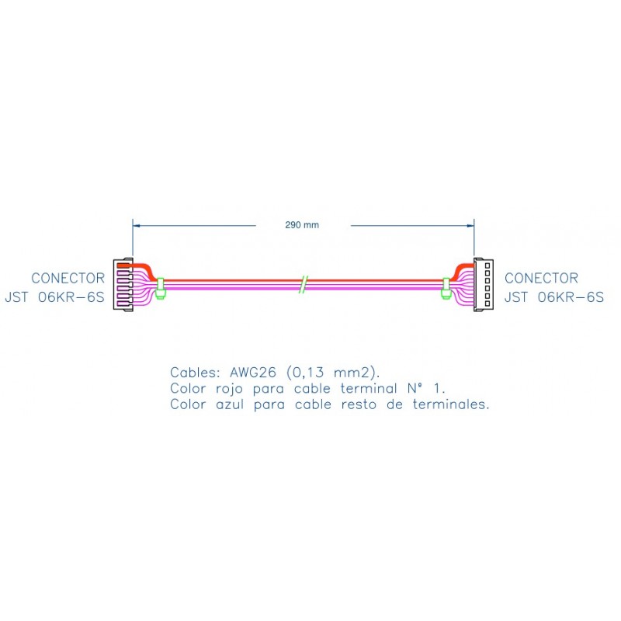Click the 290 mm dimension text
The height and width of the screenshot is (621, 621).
[302, 225]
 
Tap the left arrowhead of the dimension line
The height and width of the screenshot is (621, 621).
[137, 226]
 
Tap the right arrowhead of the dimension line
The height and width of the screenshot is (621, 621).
[470, 226]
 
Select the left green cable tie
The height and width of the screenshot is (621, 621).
[161, 288]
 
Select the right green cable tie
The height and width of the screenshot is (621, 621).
[446, 288]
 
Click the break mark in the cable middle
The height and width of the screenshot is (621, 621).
[303, 284]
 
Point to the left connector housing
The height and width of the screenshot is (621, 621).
[123, 285]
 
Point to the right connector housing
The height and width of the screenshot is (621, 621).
[484, 285]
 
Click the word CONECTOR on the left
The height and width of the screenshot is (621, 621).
[68, 278]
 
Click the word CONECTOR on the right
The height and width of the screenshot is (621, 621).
[541, 278]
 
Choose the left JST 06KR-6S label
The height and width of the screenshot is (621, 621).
[54, 297]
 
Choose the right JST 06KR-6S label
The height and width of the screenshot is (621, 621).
[554, 297]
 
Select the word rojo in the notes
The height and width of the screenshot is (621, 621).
[229, 389]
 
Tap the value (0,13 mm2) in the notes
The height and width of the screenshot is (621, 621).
[333, 373]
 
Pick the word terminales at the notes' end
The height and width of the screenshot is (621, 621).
[451, 404]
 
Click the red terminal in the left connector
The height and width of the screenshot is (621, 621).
[124, 265]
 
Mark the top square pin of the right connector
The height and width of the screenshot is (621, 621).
[487, 265]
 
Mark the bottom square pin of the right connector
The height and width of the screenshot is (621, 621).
[487, 304]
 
